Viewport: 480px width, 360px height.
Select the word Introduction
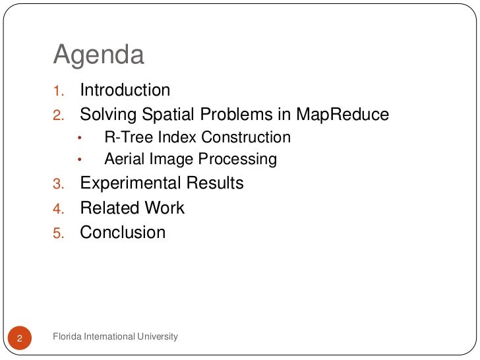pos(125,90)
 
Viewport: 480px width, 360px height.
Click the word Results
pos(215,183)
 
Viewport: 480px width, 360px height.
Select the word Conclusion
pos(123,233)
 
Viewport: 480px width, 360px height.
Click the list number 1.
pos(57,91)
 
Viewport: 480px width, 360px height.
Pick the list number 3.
pos(57,184)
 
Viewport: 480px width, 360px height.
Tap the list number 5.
pos(57,233)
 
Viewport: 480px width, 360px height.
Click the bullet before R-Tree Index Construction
pos(79,138)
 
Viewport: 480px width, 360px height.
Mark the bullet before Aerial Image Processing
pos(79,160)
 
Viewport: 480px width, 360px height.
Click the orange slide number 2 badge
pos(20,339)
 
